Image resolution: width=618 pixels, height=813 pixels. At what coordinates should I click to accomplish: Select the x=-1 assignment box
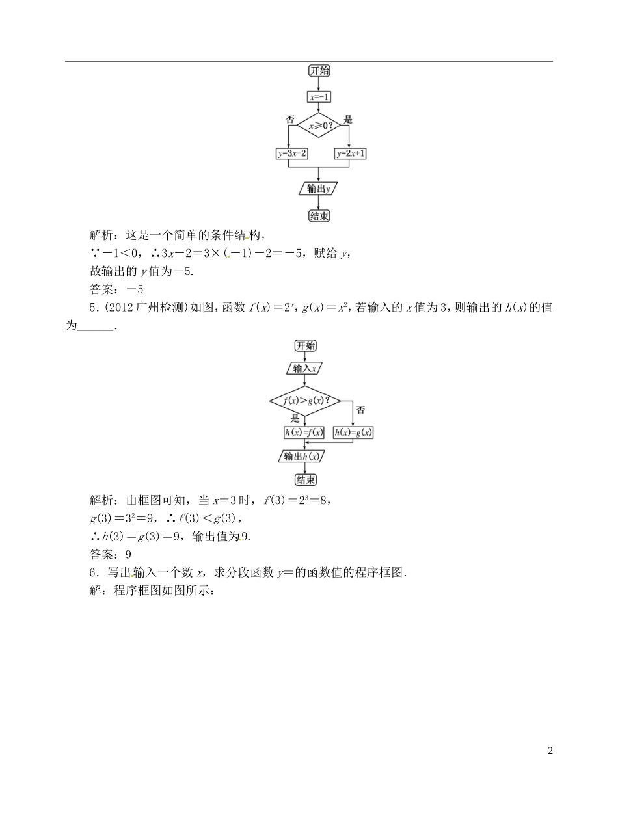[319, 97]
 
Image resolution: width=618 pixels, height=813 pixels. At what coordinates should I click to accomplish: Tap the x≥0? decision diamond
[319, 125]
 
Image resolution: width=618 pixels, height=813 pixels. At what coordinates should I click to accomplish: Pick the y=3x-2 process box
[292, 153]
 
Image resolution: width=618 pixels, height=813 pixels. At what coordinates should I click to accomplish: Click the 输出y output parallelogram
[318, 189]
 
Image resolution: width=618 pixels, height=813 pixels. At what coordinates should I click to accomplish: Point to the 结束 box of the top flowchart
[319, 216]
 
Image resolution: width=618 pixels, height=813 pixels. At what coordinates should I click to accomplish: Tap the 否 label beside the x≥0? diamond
[290, 120]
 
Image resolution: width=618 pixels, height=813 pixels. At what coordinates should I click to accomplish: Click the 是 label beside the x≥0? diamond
[347, 120]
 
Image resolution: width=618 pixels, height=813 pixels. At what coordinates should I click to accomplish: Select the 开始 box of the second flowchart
[305, 345]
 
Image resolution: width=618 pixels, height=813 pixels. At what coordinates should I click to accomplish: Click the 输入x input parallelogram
[304, 369]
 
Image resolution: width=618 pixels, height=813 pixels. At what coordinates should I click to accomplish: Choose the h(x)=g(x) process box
[356, 433]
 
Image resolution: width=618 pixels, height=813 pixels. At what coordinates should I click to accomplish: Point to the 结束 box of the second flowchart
[305, 480]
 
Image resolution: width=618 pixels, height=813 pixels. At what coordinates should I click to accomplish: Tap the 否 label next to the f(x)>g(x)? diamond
[361, 410]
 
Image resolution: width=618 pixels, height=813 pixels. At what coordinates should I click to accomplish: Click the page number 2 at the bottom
[550, 751]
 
